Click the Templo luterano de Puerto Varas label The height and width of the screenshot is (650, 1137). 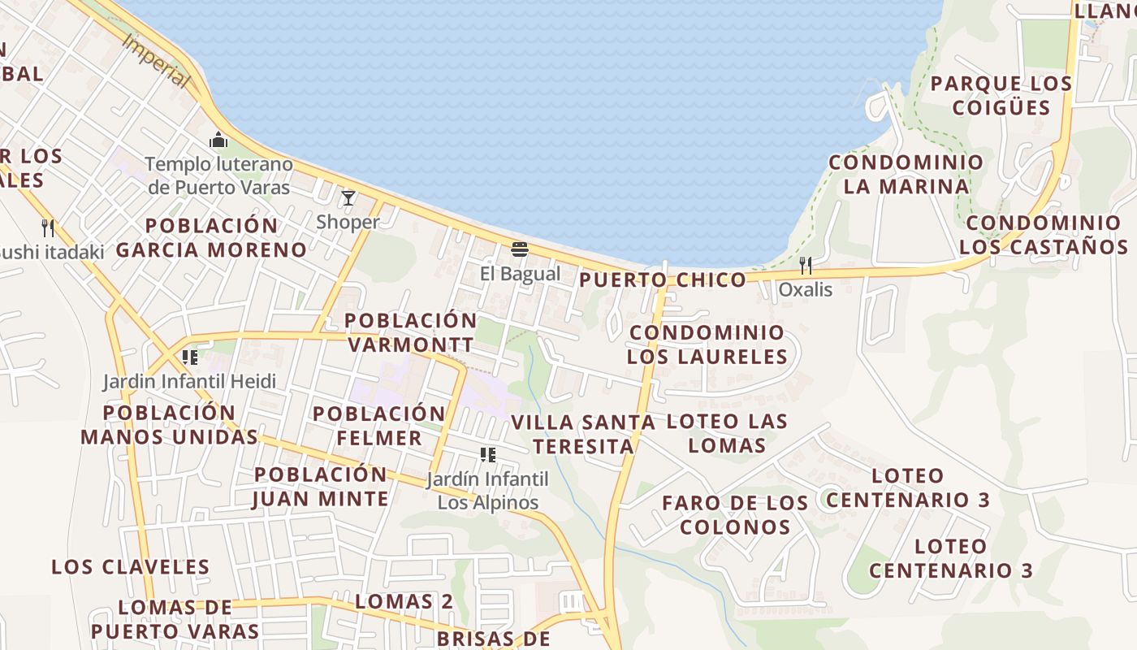coord(218,175)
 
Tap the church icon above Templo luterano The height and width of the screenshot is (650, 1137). coord(218,141)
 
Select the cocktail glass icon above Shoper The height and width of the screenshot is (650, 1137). coord(348,197)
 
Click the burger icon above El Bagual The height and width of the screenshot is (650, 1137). coord(520,249)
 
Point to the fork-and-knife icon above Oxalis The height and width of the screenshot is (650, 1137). coord(806,265)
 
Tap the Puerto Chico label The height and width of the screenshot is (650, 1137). coord(662,280)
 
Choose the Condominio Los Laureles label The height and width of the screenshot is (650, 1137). coord(707,344)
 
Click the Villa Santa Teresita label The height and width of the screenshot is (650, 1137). coord(583,435)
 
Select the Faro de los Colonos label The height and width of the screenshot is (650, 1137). coord(735,515)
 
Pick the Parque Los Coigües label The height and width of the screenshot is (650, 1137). coord(1001,95)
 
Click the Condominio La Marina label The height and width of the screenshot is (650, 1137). coord(906,174)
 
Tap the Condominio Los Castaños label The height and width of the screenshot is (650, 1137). coord(1044,235)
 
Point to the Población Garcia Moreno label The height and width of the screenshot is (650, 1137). coord(211,237)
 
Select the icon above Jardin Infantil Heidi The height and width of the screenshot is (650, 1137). coord(190,357)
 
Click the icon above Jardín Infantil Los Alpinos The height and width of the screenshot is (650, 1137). coord(487,455)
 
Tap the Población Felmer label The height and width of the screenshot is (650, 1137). coord(379,426)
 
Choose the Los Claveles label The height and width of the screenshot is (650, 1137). coord(131,567)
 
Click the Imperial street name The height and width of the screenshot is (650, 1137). coord(155,61)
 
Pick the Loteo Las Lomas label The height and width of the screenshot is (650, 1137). coord(727,433)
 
